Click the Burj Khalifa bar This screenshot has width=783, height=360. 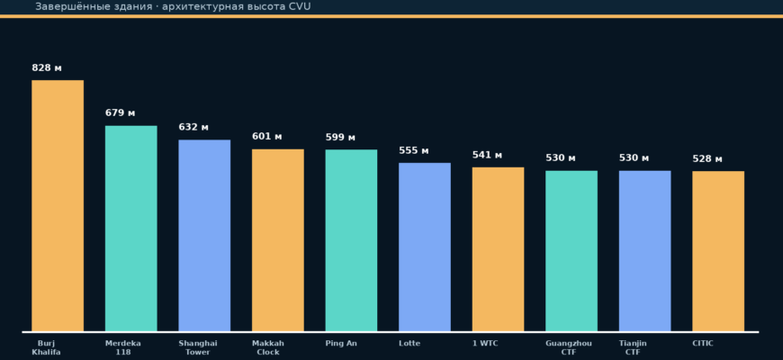coord(58,206)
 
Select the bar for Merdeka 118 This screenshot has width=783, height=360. coord(130,229)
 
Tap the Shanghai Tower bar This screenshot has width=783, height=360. coord(204,236)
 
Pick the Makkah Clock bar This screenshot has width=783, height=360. coord(277,240)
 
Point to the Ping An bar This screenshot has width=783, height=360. coord(351,240)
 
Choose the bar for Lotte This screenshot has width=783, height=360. coord(425,247)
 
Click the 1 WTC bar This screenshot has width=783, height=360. coord(498,249)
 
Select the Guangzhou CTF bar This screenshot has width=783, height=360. coord(571,251)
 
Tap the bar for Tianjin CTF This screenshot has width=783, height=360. coord(644,251)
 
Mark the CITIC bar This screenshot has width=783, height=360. coord(718,251)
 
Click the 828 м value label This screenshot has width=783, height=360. coord(47,67)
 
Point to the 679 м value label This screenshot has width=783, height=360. coord(120,112)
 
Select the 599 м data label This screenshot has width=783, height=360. coord(340,138)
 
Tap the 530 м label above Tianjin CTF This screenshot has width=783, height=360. coord(634,158)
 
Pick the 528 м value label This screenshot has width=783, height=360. coord(707,159)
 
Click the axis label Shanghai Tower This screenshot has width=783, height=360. coord(198,347)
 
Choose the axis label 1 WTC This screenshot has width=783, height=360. coord(485,344)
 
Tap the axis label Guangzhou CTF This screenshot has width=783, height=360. coord(569,347)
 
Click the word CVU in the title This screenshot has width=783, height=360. coord(300,6)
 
